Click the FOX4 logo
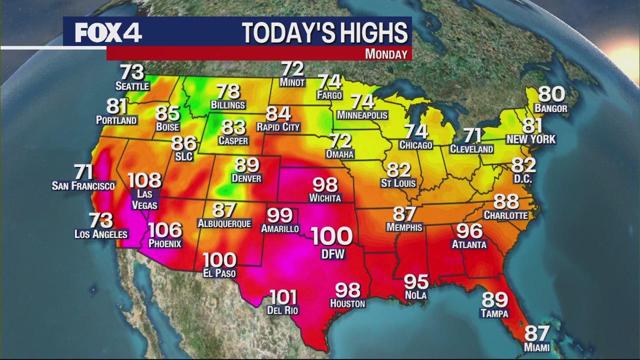click(x=108, y=32)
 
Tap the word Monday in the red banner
click(x=385, y=54)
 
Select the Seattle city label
click(x=132, y=86)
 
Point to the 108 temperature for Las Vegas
click(x=144, y=180)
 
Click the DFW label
click(x=332, y=254)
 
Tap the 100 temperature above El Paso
click(x=219, y=260)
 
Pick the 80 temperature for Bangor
click(x=551, y=94)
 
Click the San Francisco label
click(x=83, y=186)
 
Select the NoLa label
click(x=416, y=295)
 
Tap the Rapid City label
click(x=278, y=127)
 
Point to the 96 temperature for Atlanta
click(x=468, y=230)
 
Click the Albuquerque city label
click(x=224, y=223)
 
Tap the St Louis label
click(x=398, y=183)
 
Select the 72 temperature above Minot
click(x=292, y=68)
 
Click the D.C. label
click(x=522, y=178)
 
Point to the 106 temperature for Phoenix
click(x=165, y=230)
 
